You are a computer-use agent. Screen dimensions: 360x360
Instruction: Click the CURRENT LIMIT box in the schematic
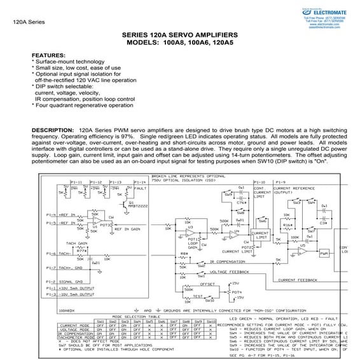coord(261,237)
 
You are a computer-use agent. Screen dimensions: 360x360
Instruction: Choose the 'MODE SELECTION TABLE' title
coord(135,316)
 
